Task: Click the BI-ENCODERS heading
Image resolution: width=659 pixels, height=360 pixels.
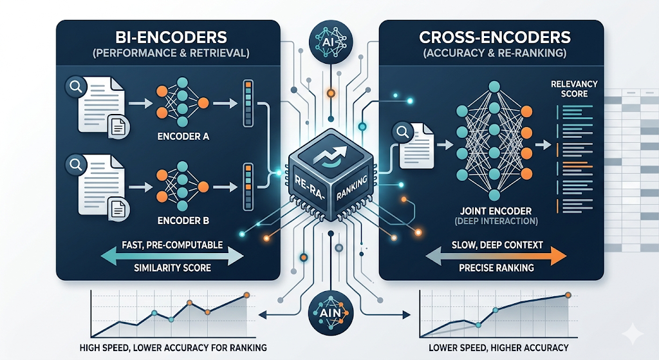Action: pos(171,37)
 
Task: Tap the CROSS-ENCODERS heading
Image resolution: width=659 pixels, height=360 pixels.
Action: pos(495,37)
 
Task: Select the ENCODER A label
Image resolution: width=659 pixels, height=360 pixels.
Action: pos(183,137)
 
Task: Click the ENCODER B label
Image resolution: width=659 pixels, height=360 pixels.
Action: pos(183,220)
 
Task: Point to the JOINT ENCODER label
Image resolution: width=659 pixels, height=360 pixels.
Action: pos(496,211)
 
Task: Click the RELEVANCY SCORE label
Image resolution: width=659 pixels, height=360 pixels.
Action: pos(574,89)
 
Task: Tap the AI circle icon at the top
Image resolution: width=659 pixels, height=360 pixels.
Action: pos(331,42)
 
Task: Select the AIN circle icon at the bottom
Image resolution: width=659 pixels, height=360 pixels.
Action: pos(330,314)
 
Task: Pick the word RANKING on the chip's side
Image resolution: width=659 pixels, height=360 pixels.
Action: pos(352,189)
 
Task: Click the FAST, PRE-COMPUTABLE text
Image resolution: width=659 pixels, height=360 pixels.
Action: pos(172,245)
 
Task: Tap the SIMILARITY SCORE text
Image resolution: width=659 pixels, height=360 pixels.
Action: pos(172,267)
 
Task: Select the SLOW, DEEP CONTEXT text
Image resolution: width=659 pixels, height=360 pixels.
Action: pos(497,245)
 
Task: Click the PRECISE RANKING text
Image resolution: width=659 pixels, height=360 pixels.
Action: pos(496,267)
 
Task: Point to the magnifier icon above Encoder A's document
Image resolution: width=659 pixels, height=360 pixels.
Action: pos(76,87)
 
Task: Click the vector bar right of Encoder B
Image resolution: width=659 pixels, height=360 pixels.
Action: pos(248,187)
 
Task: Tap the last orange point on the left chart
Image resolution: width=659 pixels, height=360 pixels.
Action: pos(246,295)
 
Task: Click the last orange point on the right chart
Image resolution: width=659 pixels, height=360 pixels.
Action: pos(568,295)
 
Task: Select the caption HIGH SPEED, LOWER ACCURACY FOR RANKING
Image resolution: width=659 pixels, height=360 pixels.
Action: pos(173,348)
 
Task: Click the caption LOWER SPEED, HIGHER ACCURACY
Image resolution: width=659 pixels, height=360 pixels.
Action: pos(499,348)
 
